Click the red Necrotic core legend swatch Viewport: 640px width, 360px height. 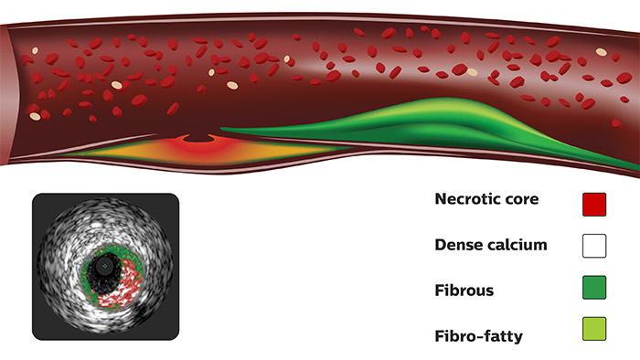pos(594,203)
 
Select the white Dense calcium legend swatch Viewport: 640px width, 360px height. pos(594,245)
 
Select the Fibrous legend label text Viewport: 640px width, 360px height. pos(465,290)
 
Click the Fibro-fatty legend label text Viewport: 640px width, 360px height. pos(480,335)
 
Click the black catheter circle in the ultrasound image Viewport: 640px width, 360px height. pos(106,262)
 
